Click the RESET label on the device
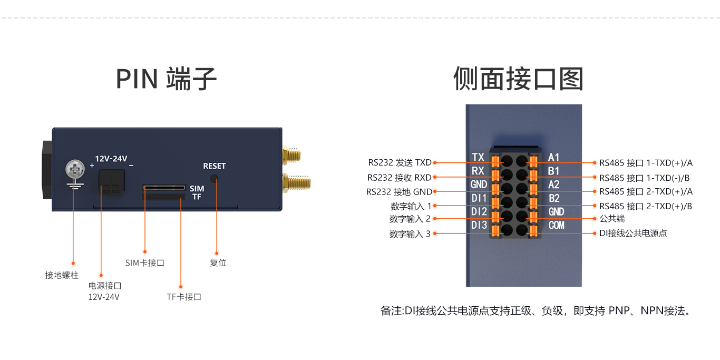click(214, 166)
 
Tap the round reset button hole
click(214, 179)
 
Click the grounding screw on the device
click(75, 170)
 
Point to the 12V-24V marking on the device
click(111, 158)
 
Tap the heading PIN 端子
click(166, 79)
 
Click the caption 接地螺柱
click(62, 275)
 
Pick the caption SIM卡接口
click(145, 262)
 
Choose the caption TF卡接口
click(184, 297)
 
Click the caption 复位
click(218, 262)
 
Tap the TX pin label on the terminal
click(478, 158)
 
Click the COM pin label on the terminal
click(556, 226)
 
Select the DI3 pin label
click(479, 226)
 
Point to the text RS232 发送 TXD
click(400, 162)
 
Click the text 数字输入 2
click(410, 219)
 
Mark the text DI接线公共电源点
click(633, 233)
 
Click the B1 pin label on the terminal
click(553, 171)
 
